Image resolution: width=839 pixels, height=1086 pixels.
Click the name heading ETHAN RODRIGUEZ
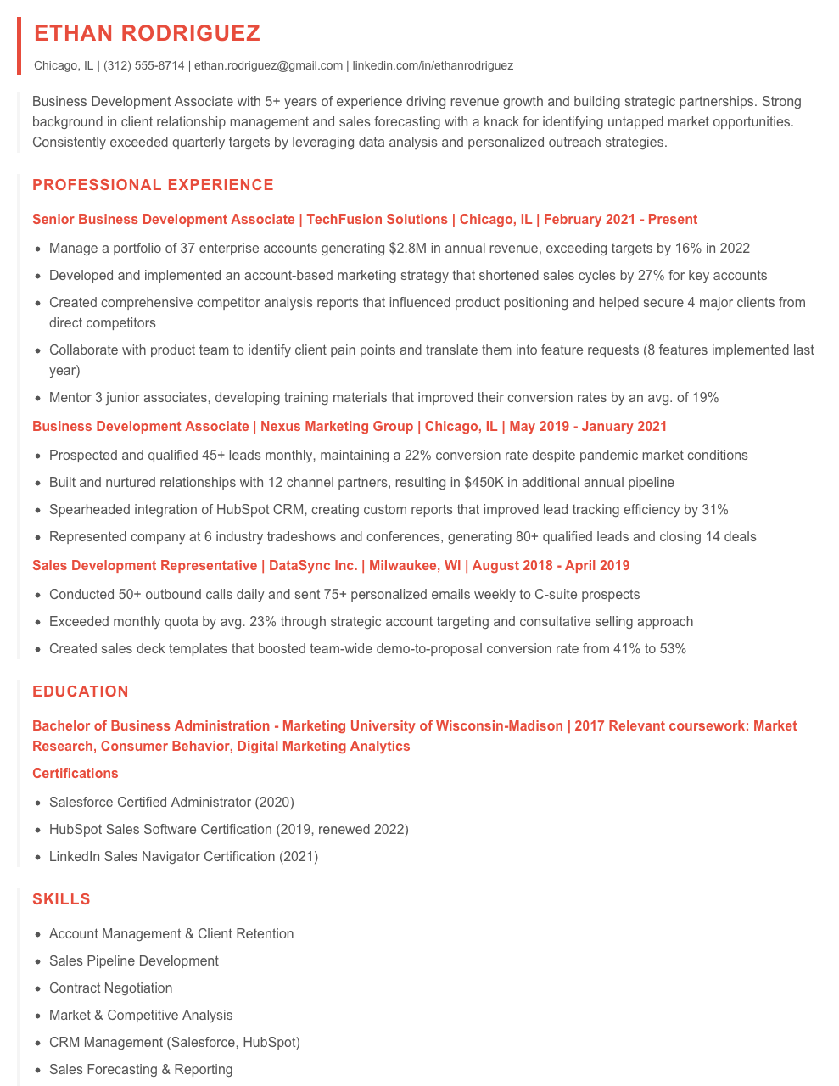coord(148,33)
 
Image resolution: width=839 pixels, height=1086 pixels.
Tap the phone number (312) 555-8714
coord(143,65)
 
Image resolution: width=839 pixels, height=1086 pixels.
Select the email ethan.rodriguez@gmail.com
coord(268,65)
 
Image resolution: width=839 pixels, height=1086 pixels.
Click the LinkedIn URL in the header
coord(433,65)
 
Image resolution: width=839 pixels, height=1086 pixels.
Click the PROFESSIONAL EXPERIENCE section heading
coord(153,185)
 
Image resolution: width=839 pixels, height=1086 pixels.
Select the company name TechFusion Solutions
coord(377,220)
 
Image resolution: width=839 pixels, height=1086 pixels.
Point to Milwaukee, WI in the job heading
coord(415,566)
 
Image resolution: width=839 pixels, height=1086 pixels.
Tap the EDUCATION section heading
coord(81,691)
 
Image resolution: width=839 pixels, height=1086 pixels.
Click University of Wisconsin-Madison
coord(422,726)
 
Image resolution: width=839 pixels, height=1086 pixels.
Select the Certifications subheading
coord(76,774)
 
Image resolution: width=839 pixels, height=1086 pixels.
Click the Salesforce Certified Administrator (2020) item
coord(171,802)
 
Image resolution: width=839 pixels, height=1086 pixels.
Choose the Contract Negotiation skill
coord(110,988)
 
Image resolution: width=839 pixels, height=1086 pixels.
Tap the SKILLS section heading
coord(61,899)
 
